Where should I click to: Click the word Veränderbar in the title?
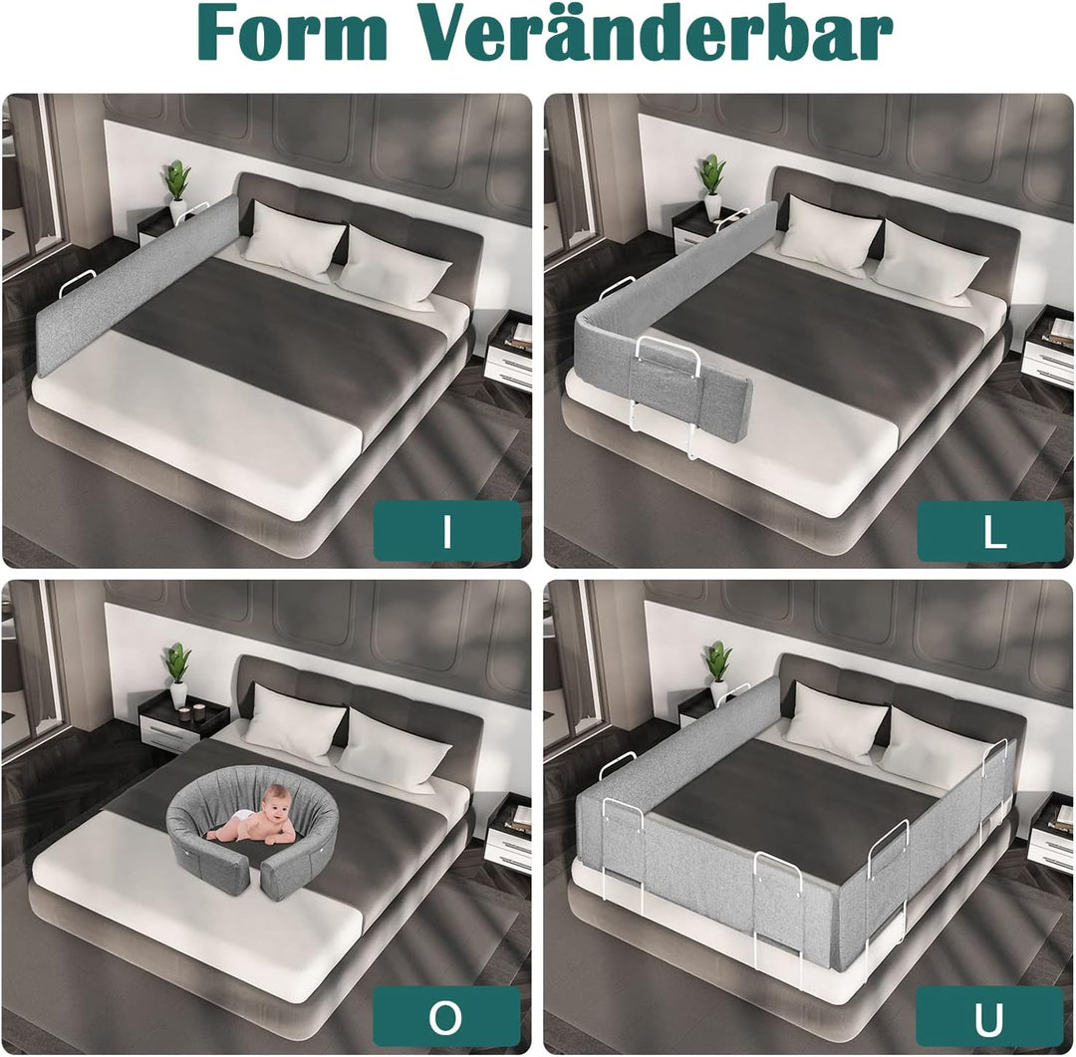coord(656,32)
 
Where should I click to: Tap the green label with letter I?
coord(447,531)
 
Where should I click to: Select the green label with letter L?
coord(991,531)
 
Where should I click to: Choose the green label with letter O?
coord(447,1017)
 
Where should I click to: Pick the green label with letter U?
coord(991,1017)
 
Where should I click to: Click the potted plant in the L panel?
coord(712,186)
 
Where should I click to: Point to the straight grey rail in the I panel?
coord(137,283)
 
